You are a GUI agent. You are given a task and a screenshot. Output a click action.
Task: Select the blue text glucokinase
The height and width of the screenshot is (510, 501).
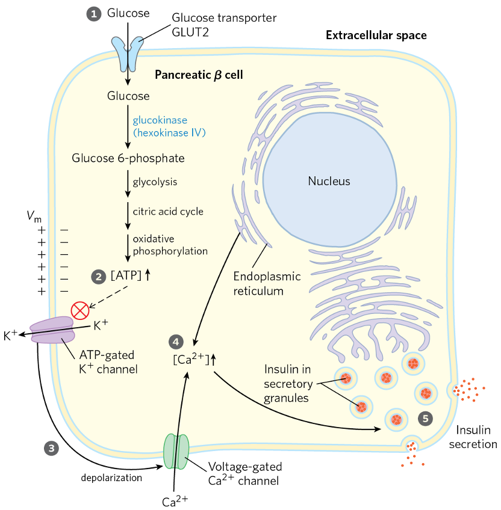[x=160, y=120]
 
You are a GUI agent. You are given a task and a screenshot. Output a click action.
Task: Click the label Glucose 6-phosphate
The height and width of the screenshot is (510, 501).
[x=128, y=159]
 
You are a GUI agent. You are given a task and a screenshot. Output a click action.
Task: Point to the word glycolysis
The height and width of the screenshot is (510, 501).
[x=155, y=182]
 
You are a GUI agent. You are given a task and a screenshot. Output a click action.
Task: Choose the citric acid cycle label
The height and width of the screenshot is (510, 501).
[x=168, y=211]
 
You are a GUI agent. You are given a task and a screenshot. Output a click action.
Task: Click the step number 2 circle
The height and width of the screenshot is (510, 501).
[x=98, y=277]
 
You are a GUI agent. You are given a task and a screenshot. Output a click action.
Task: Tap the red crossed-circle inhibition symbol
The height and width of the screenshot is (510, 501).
[x=79, y=310]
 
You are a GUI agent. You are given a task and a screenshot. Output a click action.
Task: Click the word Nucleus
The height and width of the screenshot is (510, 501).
[x=329, y=181]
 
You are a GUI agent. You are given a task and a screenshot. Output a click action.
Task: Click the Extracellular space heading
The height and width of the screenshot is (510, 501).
[x=376, y=35]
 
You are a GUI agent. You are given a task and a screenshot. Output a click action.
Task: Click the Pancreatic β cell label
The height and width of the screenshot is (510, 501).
[x=198, y=75]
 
